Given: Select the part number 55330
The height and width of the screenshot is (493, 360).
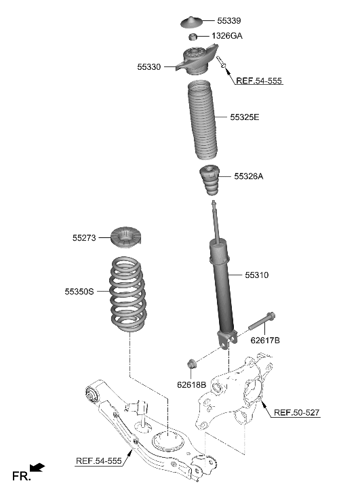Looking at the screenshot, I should coord(149,67).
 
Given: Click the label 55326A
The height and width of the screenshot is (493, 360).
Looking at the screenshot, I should coord(248,176).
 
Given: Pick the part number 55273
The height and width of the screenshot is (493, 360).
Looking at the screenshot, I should coord(85,238).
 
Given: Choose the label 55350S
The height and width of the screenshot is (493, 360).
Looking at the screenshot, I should coord(80,292).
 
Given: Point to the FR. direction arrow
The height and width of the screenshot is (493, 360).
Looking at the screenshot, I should coord(39,467).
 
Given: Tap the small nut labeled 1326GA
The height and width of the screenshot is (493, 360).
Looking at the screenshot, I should coord(193,37).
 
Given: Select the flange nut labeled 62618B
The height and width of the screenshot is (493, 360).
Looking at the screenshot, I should coord(193,363).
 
